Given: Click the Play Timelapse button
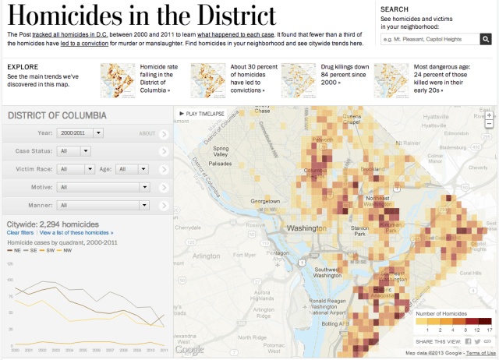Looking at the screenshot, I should (x=200, y=114).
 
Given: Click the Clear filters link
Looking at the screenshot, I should (x=20, y=233).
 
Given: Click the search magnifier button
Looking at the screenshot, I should (x=486, y=39).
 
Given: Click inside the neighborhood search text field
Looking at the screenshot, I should (x=428, y=39).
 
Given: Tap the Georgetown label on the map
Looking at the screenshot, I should (x=265, y=201).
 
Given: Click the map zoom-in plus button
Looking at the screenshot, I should (x=489, y=114).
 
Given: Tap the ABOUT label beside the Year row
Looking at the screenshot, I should (x=147, y=133).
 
